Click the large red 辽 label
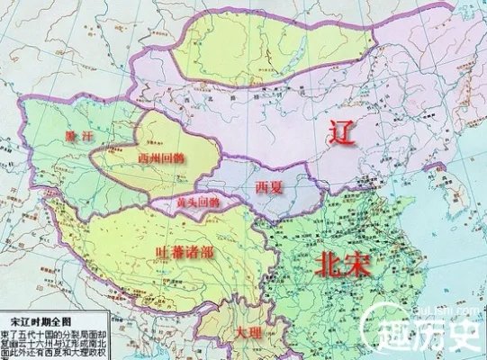[x=342, y=134]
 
